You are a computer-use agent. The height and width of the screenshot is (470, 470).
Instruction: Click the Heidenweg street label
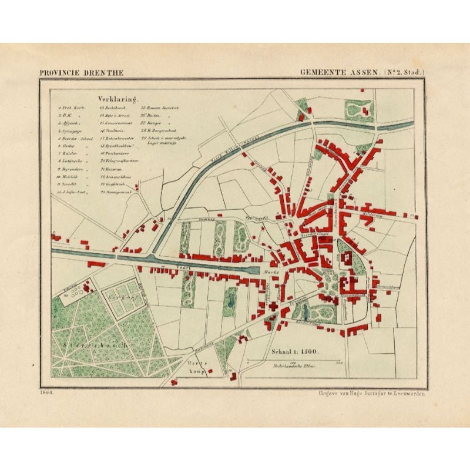click(372, 213)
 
